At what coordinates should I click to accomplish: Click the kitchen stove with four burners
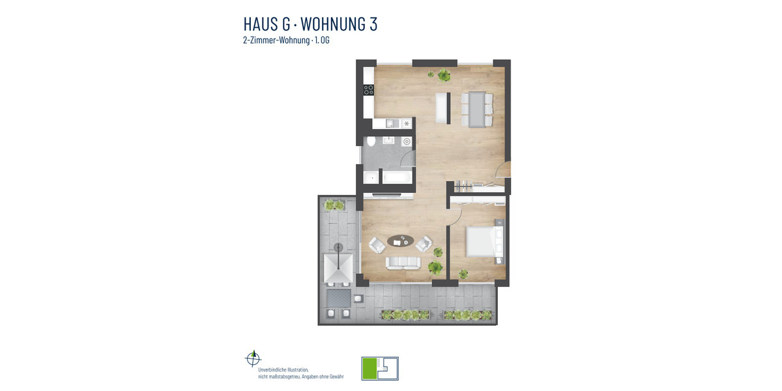click(369, 91)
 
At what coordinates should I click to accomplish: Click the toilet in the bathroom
click(370, 141)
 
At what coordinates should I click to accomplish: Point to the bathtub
click(397, 177)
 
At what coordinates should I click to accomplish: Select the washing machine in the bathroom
click(407, 141)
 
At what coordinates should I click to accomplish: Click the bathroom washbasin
click(388, 140)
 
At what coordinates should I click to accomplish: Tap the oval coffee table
click(401, 241)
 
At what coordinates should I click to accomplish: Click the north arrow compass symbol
click(253, 358)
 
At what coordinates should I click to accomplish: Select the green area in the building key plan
click(369, 368)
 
